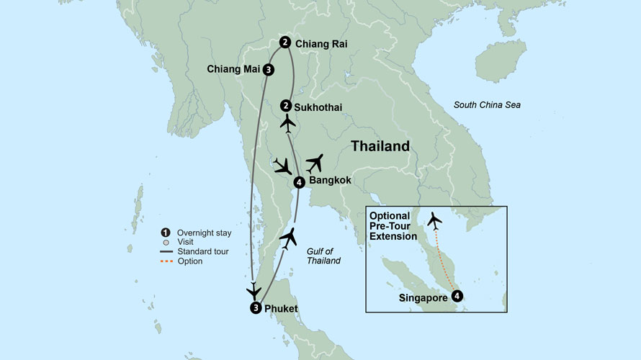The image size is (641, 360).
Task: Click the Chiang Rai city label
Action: [x=321, y=44]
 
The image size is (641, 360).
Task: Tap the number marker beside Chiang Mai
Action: [x=268, y=70]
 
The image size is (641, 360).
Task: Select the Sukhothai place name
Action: [x=318, y=108]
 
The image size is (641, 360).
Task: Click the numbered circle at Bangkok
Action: [x=300, y=182]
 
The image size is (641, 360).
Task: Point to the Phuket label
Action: [x=281, y=309]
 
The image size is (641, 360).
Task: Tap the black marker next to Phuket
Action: [x=255, y=308]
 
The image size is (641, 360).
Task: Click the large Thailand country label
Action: [x=380, y=146]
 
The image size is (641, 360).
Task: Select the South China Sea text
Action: [x=487, y=105]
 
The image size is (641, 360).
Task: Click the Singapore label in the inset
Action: [x=422, y=296]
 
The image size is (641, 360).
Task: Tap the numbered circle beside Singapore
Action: [x=457, y=294]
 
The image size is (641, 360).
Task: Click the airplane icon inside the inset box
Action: [x=434, y=219]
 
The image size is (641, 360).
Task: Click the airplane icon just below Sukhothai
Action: [x=287, y=125]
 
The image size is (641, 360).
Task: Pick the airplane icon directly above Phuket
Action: [x=253, y=291]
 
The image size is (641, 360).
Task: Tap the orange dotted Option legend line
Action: [x=166, y=261]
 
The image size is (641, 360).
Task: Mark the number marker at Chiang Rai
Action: [x=285, y=42]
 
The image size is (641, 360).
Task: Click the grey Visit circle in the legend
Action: [x=166, y=242]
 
